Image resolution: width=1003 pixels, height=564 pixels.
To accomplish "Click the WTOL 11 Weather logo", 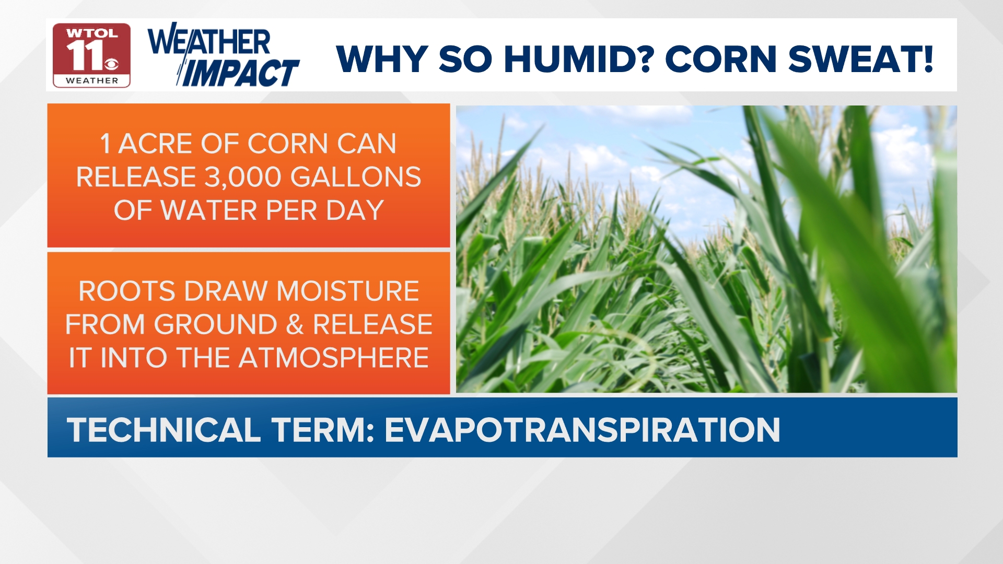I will click(x=91, y=55).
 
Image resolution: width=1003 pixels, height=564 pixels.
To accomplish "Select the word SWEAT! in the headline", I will click(x=861, y=59).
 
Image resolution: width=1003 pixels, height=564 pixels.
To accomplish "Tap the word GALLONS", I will click(x=356, y=177).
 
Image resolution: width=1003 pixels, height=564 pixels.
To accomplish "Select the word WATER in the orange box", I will click(x=209, y=210).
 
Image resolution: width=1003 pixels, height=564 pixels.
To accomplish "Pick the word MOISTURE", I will click(x=347, y=291).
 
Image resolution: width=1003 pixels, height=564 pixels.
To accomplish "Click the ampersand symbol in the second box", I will click(x=295, y=325).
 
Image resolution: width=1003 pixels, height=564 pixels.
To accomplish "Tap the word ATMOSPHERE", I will click(x=334, y=358).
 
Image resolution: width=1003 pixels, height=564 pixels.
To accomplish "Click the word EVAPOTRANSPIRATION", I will click(x=582, y=430).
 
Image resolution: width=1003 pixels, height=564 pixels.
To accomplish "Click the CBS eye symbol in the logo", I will click(x=111, y=64).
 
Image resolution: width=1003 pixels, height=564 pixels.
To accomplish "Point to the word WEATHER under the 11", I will click(x=92, y=80).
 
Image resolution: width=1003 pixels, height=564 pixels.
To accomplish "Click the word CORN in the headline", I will click(x=721, y=59).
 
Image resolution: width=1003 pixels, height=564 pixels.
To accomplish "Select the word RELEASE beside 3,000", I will click(x=136, y=177).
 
